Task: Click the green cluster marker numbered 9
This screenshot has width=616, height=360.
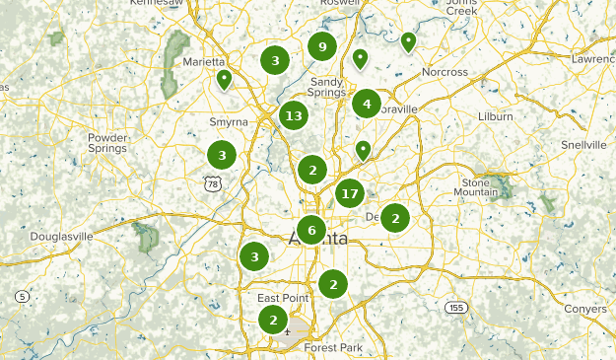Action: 322,46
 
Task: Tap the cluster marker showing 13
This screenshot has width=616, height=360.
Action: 293,116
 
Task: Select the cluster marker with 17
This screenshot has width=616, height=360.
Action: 349,193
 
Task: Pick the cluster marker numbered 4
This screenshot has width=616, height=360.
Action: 367,104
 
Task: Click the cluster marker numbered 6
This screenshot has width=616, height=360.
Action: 311,231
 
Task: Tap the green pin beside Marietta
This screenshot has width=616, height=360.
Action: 225,79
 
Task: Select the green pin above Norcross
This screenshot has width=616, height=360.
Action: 408,41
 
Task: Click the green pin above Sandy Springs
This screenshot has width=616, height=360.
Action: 361,59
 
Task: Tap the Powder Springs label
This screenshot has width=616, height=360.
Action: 107,143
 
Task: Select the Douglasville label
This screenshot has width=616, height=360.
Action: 61,237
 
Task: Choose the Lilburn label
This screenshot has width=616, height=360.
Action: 494,116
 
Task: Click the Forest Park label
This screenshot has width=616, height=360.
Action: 334,347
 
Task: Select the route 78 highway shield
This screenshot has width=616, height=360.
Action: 211,183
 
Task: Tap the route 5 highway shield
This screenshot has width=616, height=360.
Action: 22,296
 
